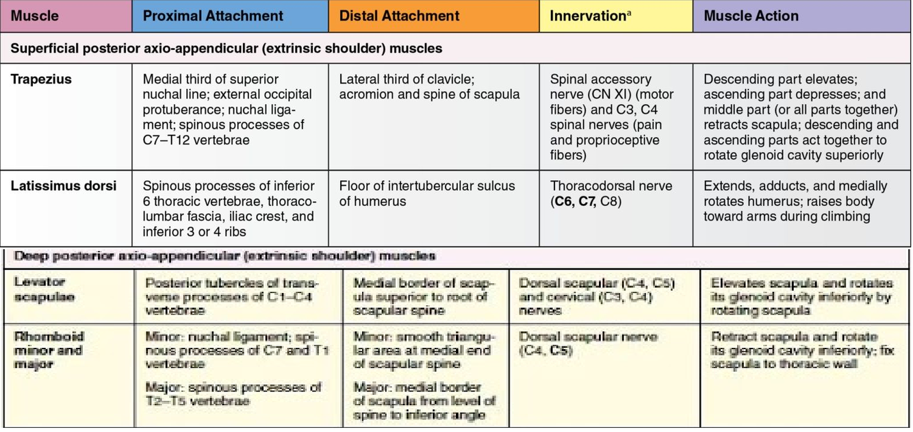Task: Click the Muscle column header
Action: click(35, 16)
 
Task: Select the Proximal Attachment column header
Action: click(213, 16)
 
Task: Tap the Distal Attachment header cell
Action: click(399, 16)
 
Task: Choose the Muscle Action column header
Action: click(751, 16)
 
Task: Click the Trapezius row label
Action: click(41, 79)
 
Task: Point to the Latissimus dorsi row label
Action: click(63, 186)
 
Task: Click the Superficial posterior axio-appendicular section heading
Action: click(227, 49)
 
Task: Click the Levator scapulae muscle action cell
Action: click(801, 296)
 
